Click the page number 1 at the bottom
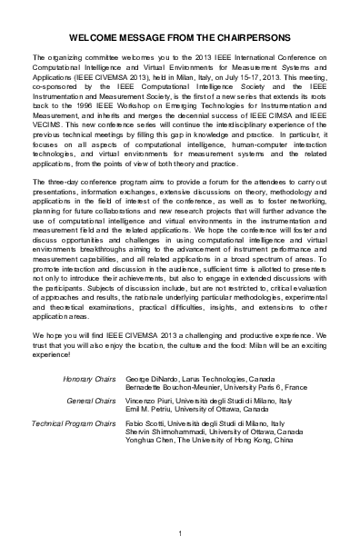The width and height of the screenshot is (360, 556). (181, 532)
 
